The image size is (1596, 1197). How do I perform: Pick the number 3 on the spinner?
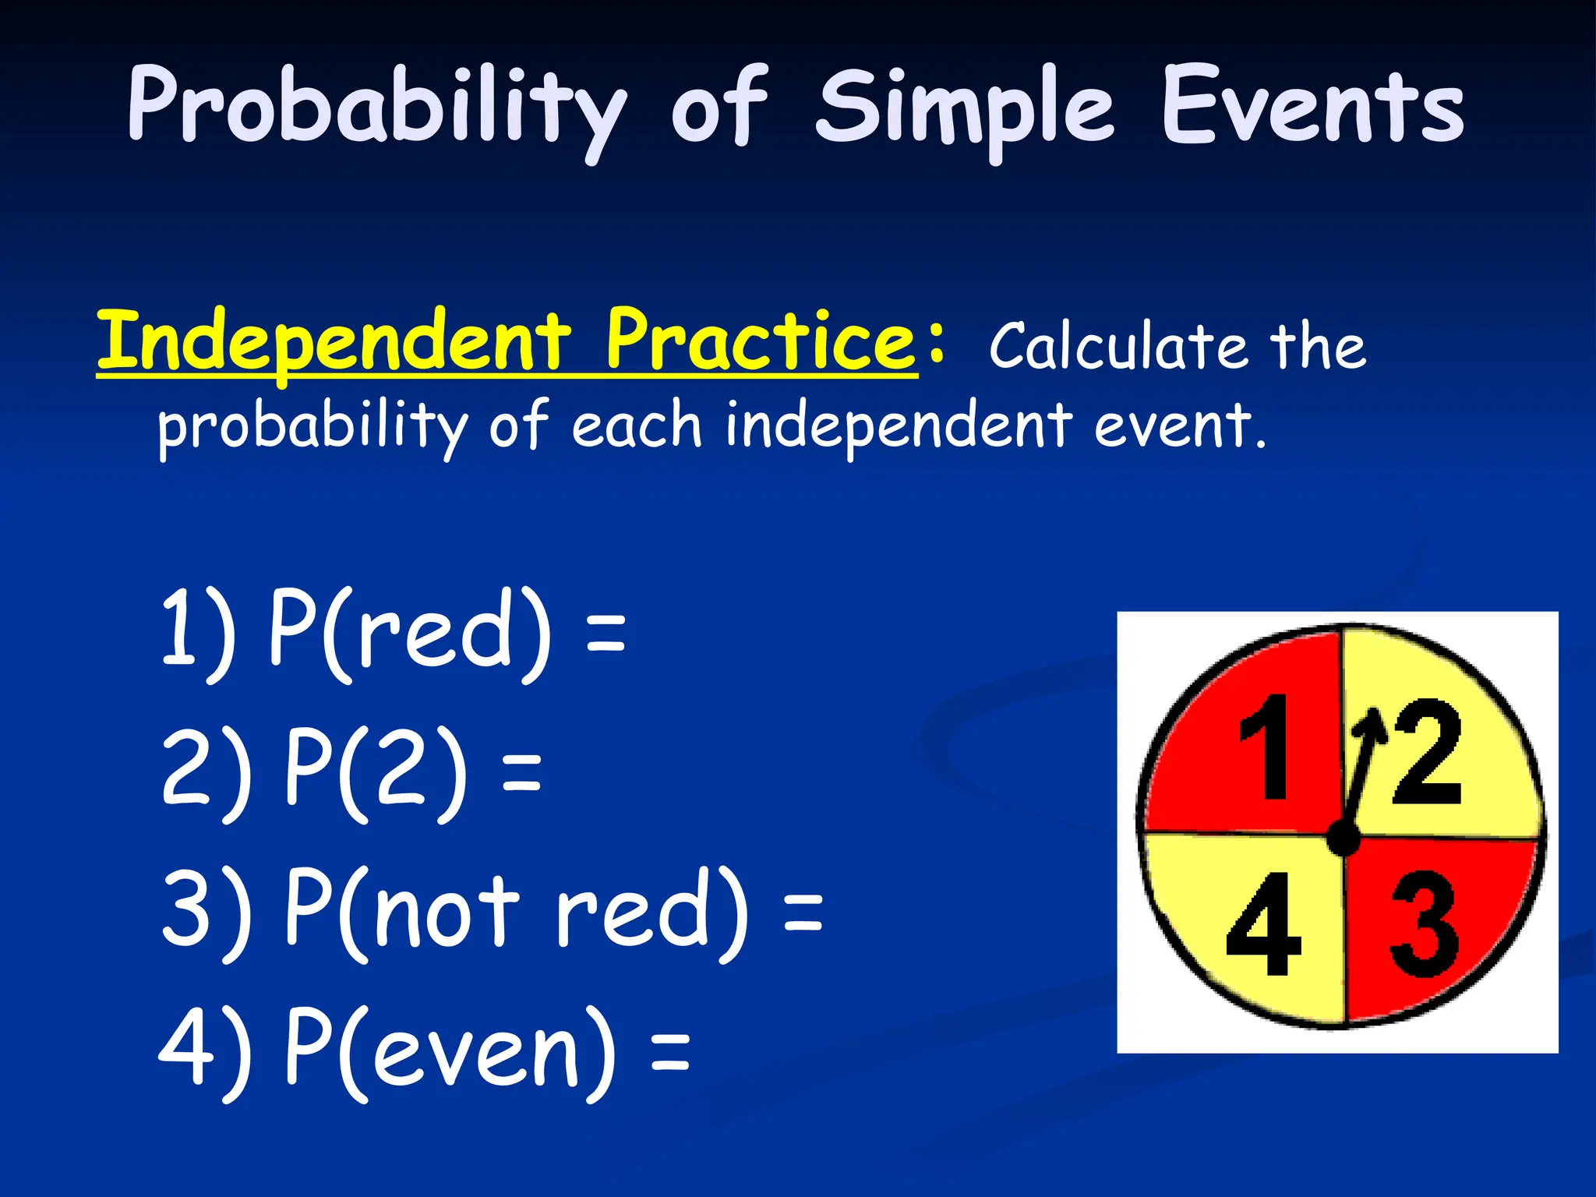1423,923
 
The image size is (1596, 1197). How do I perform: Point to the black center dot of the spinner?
1343,839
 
